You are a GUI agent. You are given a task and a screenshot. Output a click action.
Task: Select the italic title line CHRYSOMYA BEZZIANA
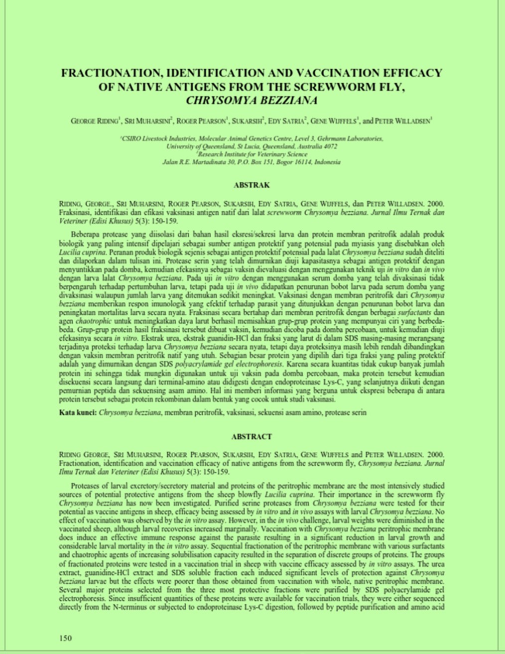(x=252, y=100)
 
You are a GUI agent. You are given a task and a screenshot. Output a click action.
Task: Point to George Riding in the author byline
(x=95, y=121)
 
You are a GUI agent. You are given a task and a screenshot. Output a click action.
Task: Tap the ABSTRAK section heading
(x=252, y=185)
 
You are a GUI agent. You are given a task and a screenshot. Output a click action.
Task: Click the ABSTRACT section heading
(x=252, y=437)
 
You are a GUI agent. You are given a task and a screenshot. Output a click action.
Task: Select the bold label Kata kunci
(x=77, y=412)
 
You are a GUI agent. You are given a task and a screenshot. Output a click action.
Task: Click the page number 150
(x=65, y=639)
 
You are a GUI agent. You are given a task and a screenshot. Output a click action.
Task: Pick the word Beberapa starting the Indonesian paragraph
(x=85, y=234)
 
